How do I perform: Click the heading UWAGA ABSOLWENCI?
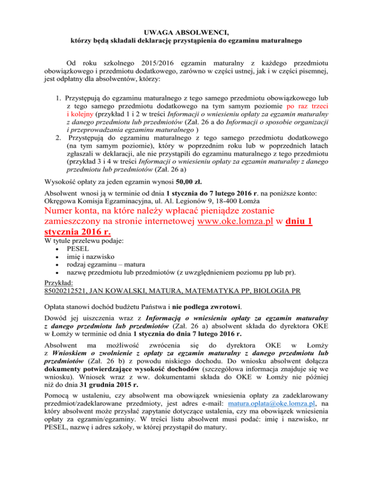click(186, 32)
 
